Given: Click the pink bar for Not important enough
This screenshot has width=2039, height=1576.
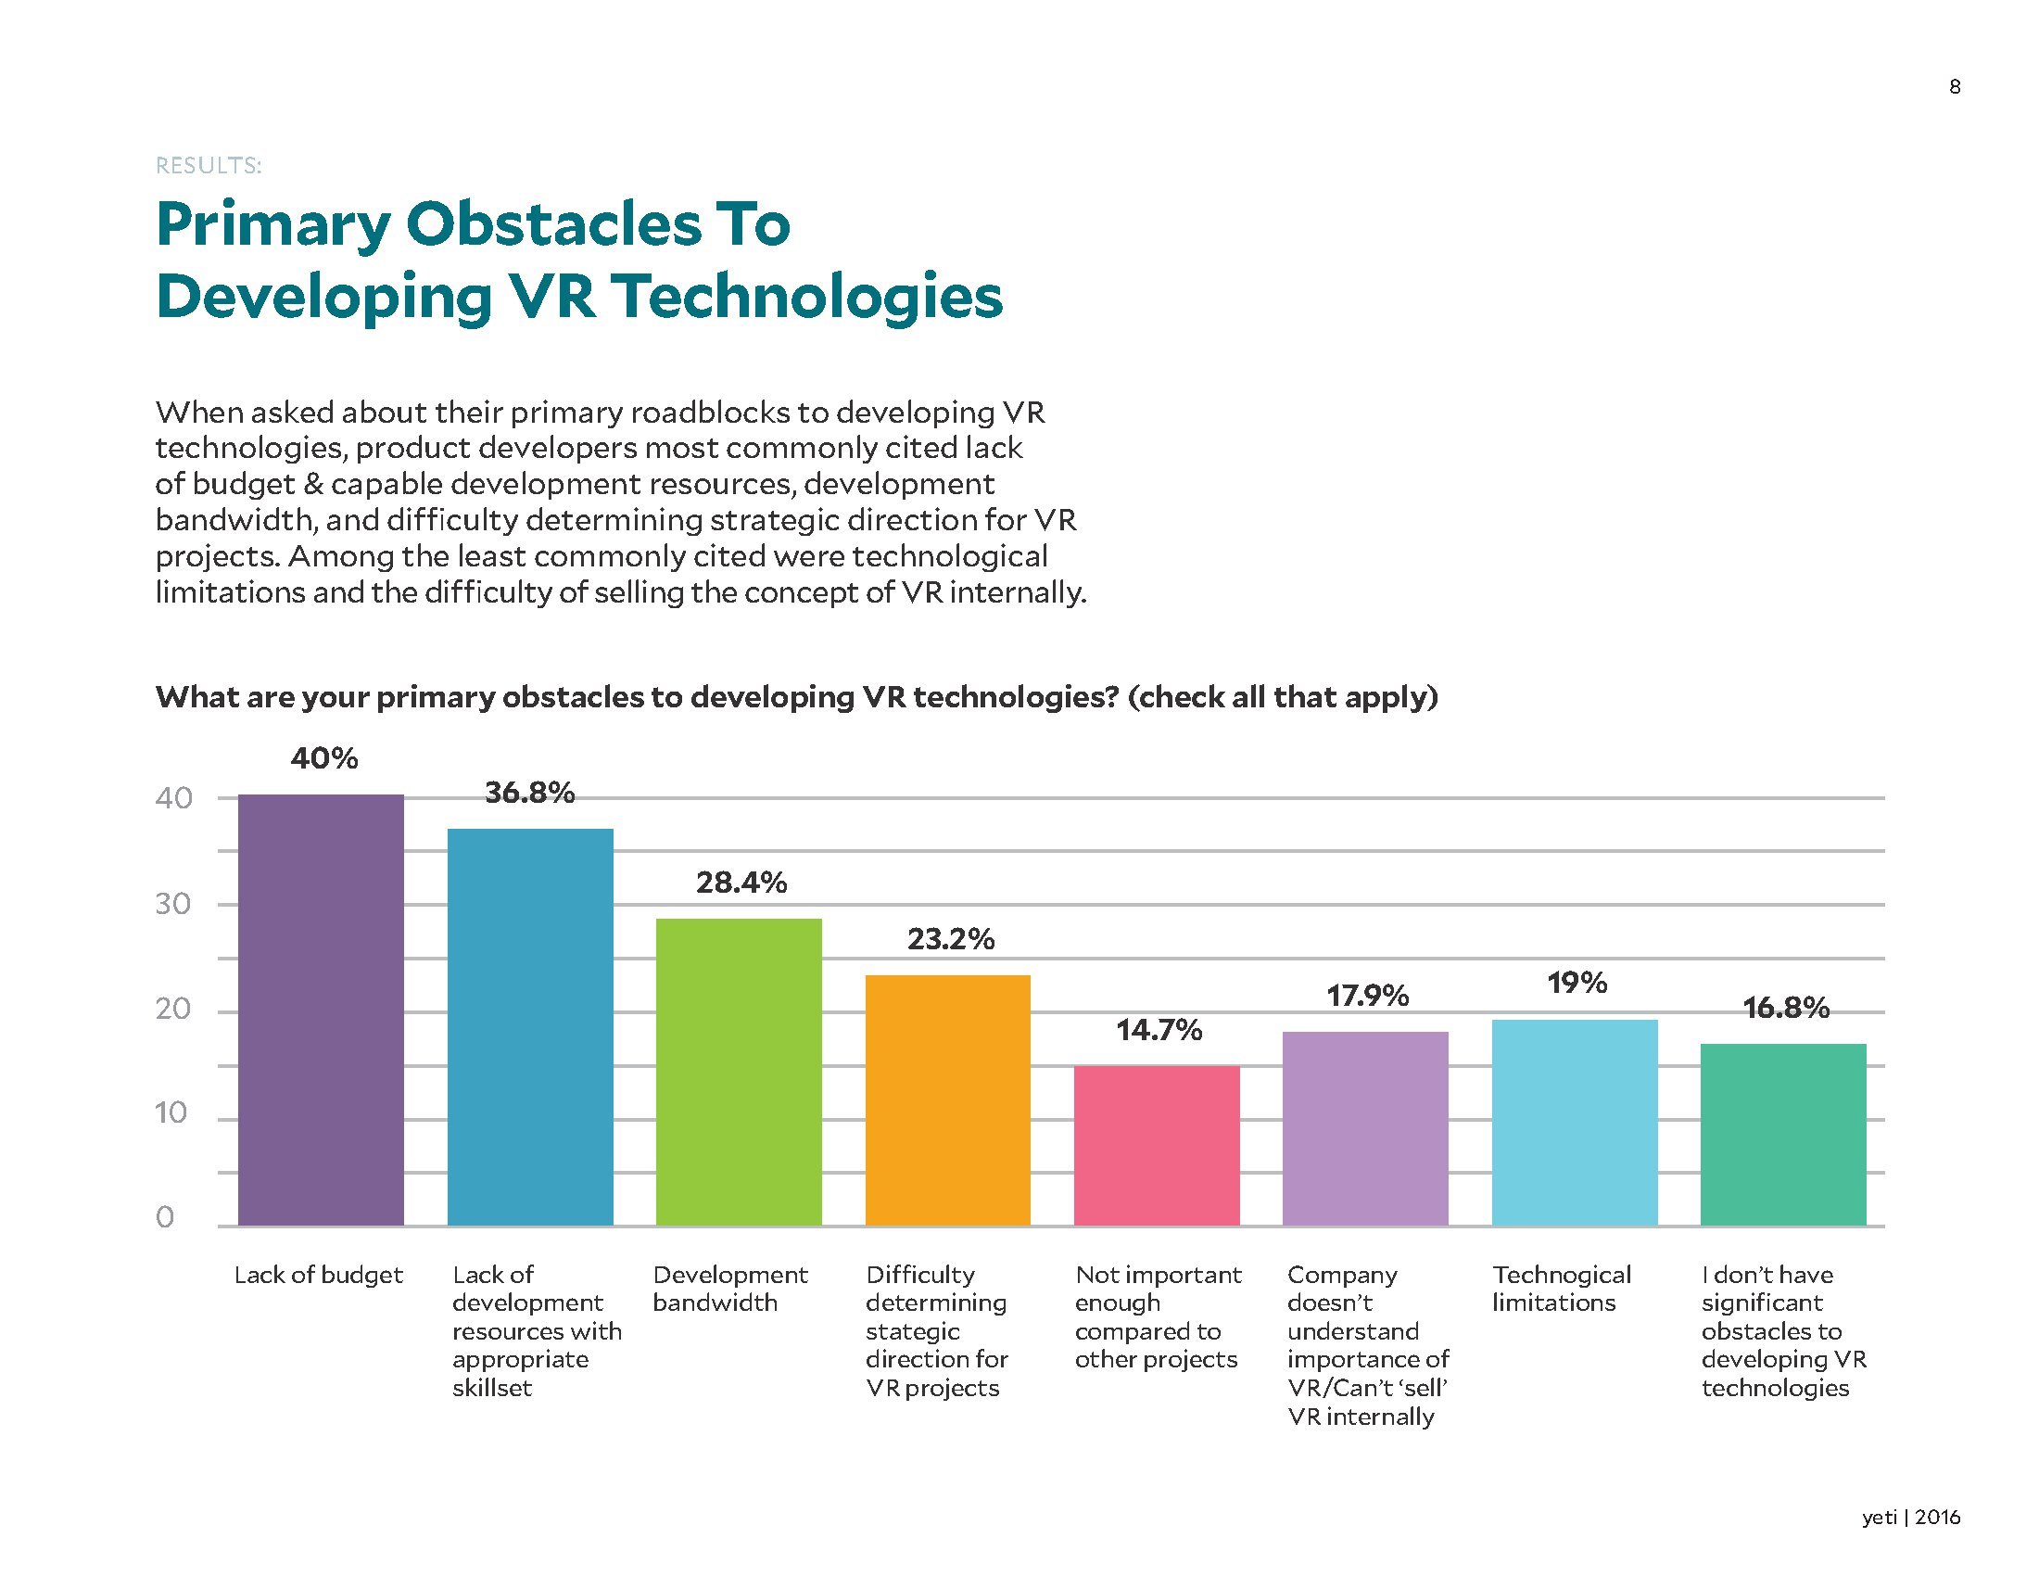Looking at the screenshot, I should (x=1157, y=1146).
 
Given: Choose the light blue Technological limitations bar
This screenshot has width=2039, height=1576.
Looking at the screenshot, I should (x=1574, y=1123).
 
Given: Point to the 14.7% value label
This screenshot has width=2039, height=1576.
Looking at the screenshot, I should (x=1159, y=1030).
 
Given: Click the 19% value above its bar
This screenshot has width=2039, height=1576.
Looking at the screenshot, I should (x=1577, y=982).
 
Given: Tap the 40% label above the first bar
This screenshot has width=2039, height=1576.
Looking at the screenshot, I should (x=324, y=758).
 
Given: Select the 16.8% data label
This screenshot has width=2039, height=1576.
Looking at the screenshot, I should (x=1785, y=1008).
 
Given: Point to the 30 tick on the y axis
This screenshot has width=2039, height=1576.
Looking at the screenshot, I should (x=172, y=904).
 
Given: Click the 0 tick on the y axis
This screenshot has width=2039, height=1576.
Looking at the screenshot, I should (x=165, y=1217).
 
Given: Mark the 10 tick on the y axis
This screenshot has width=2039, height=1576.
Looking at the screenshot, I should (x=171, y=1112).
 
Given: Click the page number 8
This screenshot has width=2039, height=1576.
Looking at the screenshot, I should (x=1954, y=87).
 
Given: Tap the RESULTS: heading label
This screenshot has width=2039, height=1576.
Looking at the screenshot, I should (x=209, y=166).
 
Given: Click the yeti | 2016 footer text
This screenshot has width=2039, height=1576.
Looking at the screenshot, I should (x=1910, y=1518).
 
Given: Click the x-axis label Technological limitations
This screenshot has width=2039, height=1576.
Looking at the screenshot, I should (x=1561, y=1289).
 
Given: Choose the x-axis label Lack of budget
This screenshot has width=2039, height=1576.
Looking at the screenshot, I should (x=317, y=1275).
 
